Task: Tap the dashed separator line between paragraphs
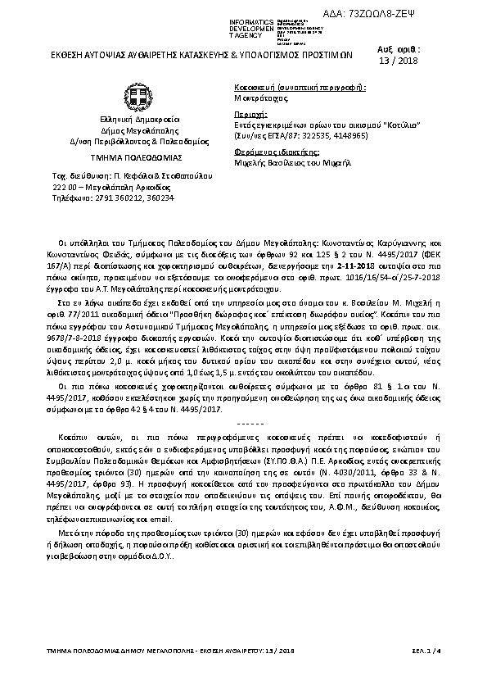[243, 423]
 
